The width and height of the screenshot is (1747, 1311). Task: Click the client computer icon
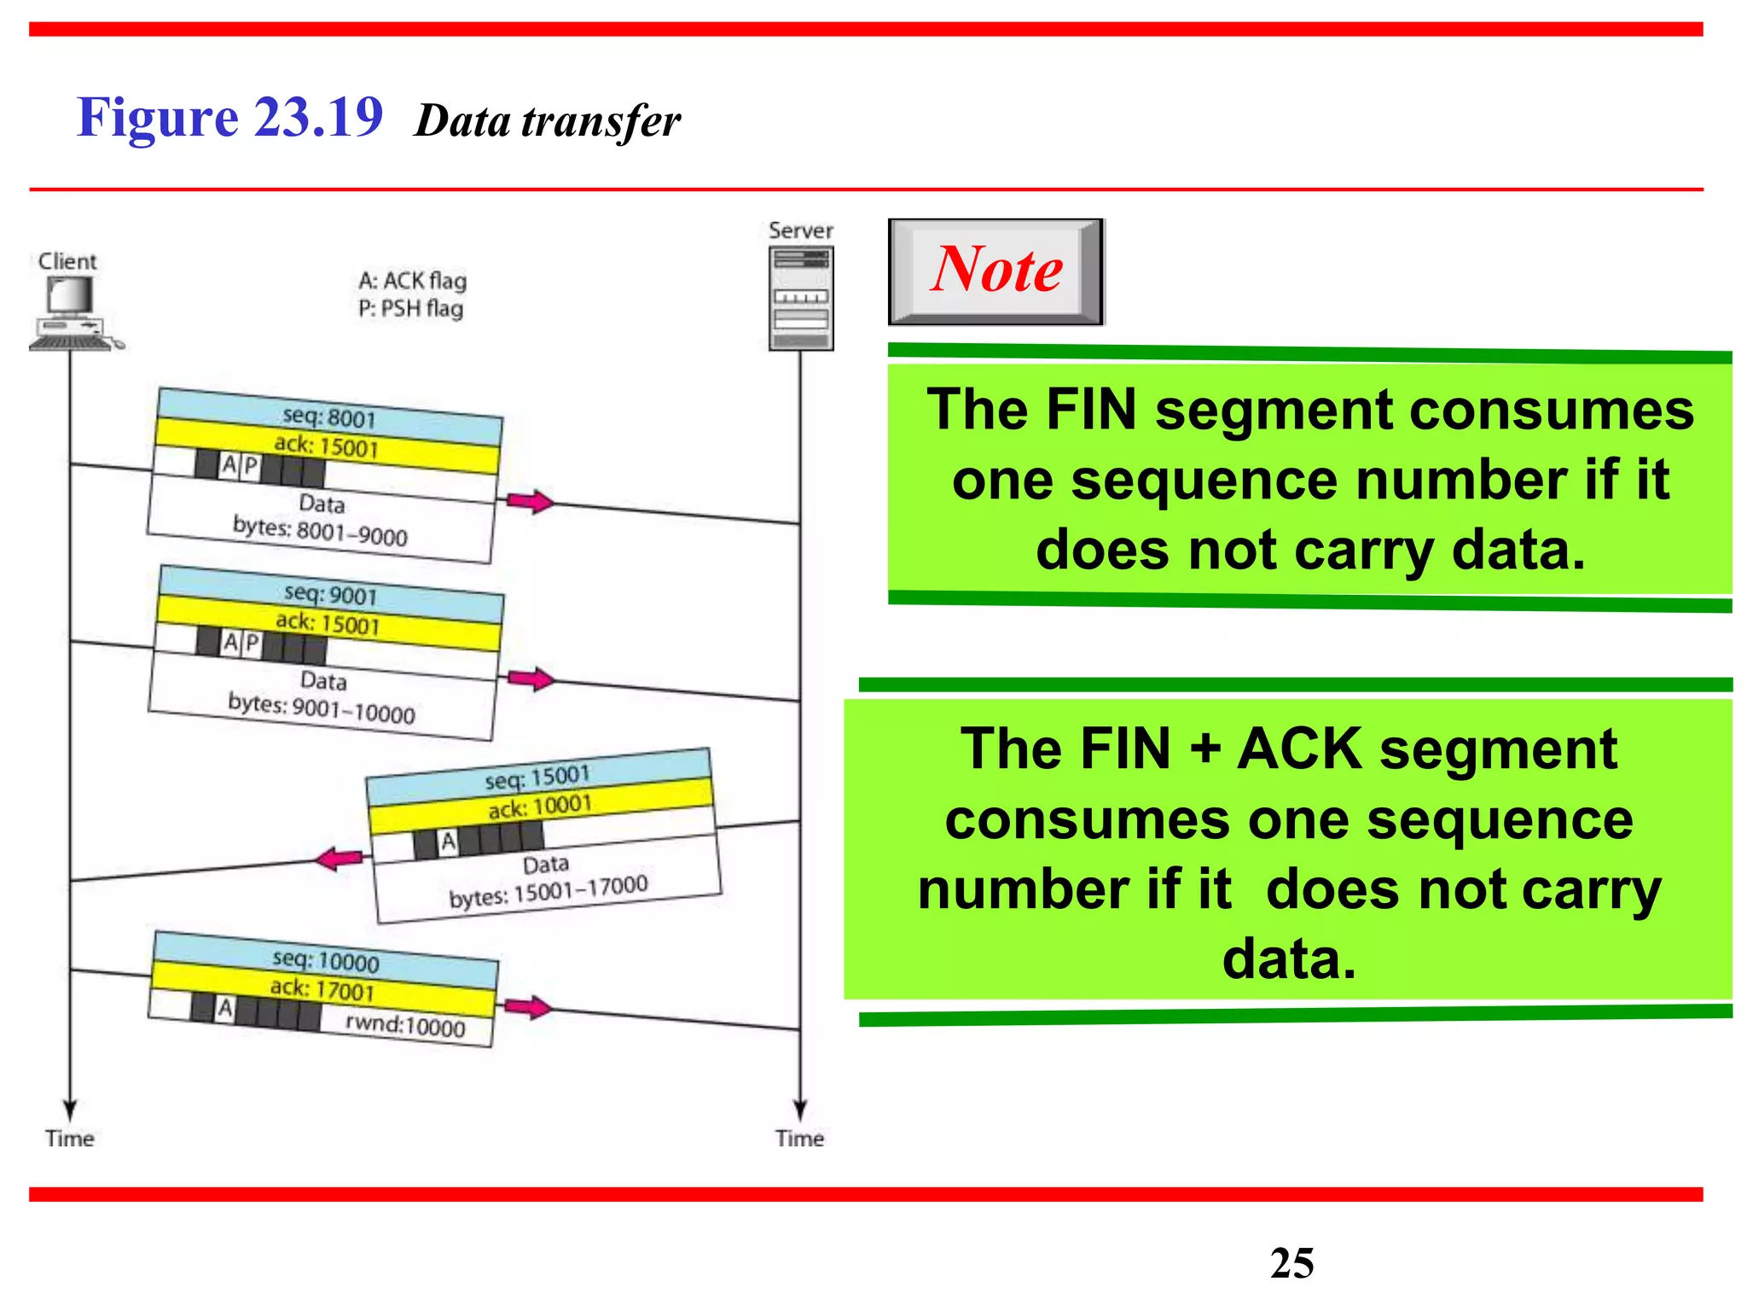pyautogui.click(x=73, y=312)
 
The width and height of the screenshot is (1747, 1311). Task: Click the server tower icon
pyautogui.click(x=800, y=298)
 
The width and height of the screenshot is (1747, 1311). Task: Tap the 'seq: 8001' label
pyautogui.click(x=329, y=417)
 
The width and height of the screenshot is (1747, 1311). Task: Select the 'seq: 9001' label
pyautogui.click(x=331, y=594)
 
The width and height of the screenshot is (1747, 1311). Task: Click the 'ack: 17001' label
pyautogui.click(x=322, y=989)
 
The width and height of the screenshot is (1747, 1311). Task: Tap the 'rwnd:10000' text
pyautogui.click(x=405, y=1025)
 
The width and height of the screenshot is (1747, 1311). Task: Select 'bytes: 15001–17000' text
pyautogui.click(x=548, y=891)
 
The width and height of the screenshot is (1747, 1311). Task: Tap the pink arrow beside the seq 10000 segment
pyautogui.click(x=528, y=1007)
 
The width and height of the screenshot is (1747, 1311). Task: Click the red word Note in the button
pyautogui.click(x=996, y=269)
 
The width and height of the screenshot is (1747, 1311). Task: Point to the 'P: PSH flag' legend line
pyautogui.click(x=410, y=308)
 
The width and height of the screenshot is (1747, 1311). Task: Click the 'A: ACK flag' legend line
pyautogui.click(x=412, y=281)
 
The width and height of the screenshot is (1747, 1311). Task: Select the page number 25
pyautogui.click(x=1291, y=1262)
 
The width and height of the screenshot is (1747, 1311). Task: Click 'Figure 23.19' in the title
pyautogui.click(x=229, y=117)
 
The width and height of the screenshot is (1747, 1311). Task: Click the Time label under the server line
pyautogui.click(x=799, y=1139)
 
